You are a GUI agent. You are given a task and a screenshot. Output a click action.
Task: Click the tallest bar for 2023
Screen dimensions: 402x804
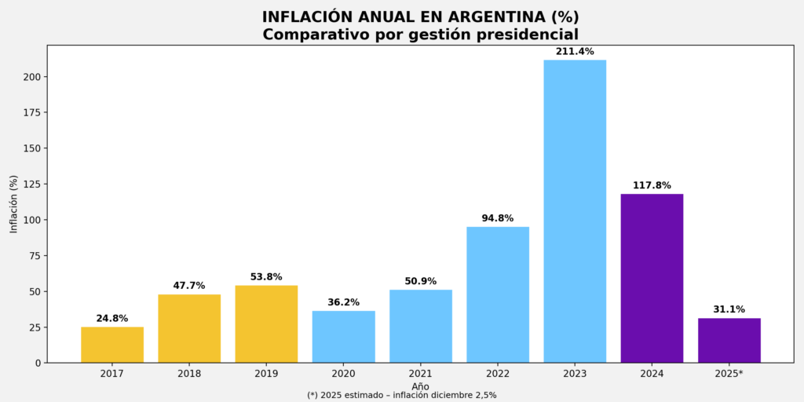(575, 211)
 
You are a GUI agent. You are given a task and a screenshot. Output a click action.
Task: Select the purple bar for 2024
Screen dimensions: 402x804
(652, 278)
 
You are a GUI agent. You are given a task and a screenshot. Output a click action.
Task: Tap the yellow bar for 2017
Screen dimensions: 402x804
(112, 345)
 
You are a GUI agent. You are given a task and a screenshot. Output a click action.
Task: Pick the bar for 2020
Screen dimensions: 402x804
(343, 337)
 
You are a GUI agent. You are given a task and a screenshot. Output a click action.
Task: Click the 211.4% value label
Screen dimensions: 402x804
(575, 51)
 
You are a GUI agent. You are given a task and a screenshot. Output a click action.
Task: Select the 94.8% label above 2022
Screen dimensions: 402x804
(498, 218)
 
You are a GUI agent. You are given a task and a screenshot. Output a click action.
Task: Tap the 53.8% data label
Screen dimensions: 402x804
(266, 277)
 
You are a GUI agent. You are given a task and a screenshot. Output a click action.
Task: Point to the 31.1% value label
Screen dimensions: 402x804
(729, 309)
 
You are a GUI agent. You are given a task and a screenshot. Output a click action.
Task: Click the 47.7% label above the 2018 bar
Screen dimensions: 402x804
(189, 286)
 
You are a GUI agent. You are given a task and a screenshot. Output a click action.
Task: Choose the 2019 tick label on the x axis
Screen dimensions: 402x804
(266, 374)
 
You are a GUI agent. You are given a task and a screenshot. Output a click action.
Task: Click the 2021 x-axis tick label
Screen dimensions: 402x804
(421, 374)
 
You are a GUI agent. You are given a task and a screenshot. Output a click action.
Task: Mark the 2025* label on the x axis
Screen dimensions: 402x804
(729, 374)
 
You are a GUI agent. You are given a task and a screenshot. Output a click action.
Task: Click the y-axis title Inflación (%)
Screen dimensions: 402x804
(13, 204)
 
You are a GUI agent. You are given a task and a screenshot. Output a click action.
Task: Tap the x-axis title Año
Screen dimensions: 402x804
(420, 386)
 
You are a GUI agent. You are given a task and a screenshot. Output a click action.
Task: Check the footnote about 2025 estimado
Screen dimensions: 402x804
(401, 396)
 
